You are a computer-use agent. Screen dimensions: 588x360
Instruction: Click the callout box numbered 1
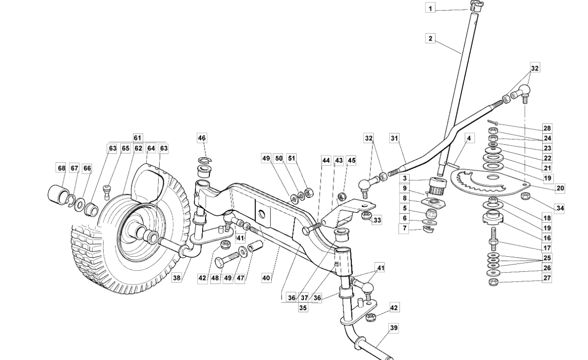point(430,8)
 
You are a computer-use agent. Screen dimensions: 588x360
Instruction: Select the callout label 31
point(394,138)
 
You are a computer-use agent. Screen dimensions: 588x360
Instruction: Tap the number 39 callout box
point(394,328)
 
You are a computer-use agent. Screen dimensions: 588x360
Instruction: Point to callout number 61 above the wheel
point(137,137)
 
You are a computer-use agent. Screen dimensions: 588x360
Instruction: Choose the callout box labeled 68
point(61,168)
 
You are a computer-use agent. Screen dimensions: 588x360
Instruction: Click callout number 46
point(202,138)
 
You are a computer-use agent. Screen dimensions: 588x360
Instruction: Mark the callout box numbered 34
point(560,208)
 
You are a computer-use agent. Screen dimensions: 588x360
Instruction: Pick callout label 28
point(547,128)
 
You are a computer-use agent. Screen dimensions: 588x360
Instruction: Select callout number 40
point(266,278)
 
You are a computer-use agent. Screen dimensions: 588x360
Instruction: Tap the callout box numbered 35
point(303,308)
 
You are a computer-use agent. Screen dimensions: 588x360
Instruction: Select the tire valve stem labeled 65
point(106,191)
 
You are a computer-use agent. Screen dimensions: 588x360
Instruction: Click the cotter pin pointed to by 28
point(493,123)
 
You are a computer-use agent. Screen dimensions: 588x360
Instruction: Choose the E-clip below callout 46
point(205,160)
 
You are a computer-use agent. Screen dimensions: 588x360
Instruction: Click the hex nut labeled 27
point(493,282)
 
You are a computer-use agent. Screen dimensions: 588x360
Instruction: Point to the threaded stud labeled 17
point(493,239)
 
